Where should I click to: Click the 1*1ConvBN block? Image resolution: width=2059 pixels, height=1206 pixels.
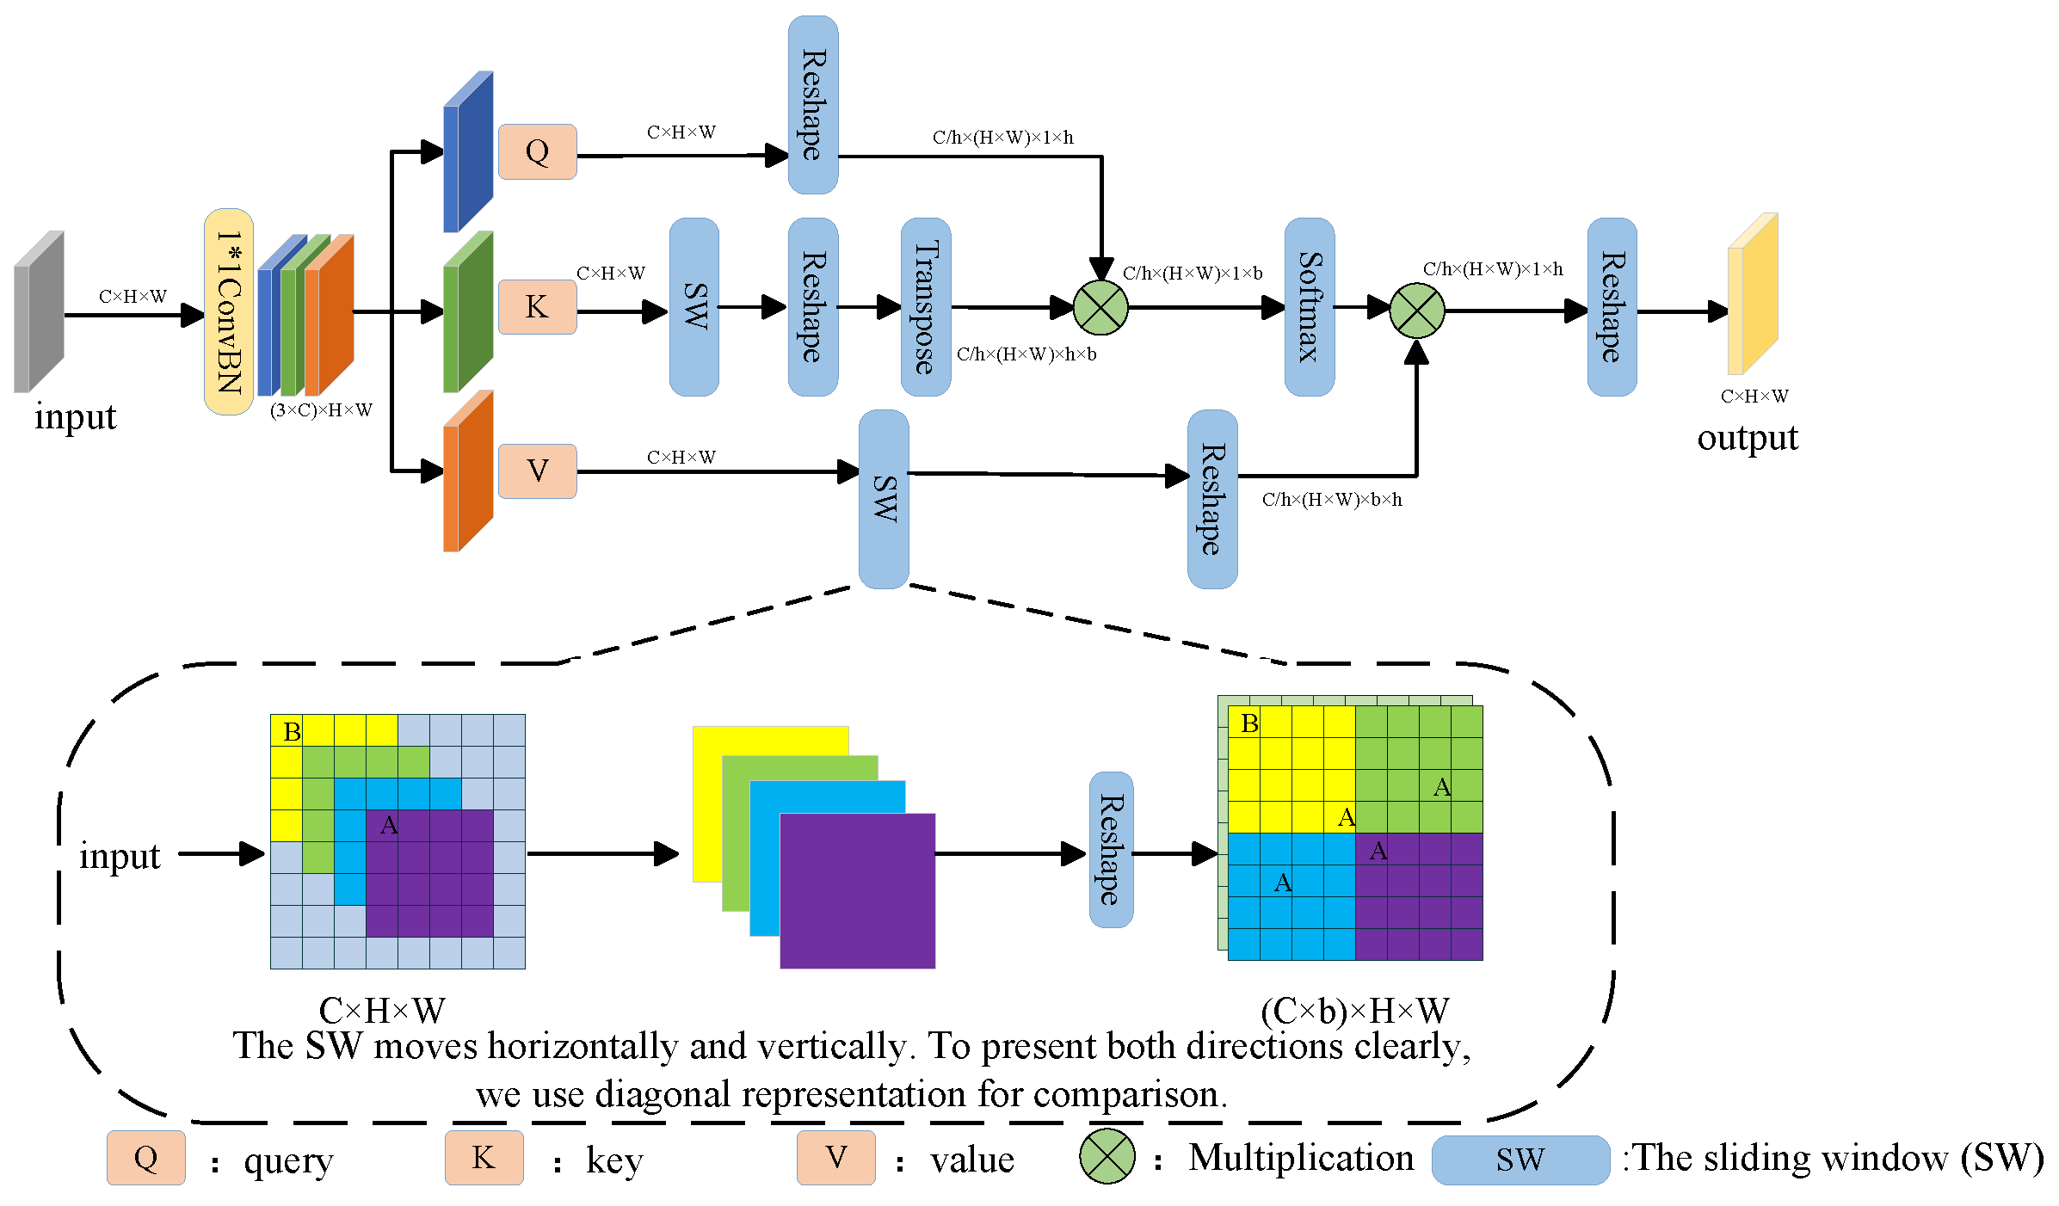point(228,311)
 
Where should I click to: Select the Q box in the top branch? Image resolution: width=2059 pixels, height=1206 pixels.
point(537,152)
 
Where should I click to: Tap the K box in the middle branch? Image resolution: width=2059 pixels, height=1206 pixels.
point(537,307)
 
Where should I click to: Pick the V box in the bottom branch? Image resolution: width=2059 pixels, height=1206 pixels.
point(537,471)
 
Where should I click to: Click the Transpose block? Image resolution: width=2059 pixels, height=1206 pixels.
point(925,307)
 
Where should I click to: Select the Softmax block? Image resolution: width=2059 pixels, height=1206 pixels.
point(1309,307)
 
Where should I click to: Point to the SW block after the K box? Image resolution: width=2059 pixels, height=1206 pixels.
point(694,307)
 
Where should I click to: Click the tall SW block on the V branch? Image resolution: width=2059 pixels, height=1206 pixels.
point(884,499)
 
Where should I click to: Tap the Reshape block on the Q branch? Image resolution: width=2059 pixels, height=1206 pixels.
point(813,105)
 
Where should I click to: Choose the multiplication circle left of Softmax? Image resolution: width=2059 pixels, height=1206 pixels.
point(1100,307)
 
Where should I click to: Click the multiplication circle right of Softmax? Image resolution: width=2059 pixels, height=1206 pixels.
point(1416,311)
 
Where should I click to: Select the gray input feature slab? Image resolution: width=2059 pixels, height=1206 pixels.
point(39,311)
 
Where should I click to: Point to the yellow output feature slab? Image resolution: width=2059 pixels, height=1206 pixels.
point(1753,294)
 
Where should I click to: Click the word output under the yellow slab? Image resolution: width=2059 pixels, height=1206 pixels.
point(1747,438)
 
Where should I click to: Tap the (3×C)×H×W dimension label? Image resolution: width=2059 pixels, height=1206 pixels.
point(321,410)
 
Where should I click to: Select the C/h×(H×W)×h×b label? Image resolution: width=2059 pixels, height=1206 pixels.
point(1026,354)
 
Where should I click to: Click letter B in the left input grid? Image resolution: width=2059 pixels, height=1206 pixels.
point(292,731)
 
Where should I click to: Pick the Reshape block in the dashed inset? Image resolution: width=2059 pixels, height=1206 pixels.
point(1111,850)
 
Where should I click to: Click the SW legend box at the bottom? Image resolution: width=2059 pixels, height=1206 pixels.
point(1520,1160)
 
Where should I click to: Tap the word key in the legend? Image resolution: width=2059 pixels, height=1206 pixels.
point(614,1160)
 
